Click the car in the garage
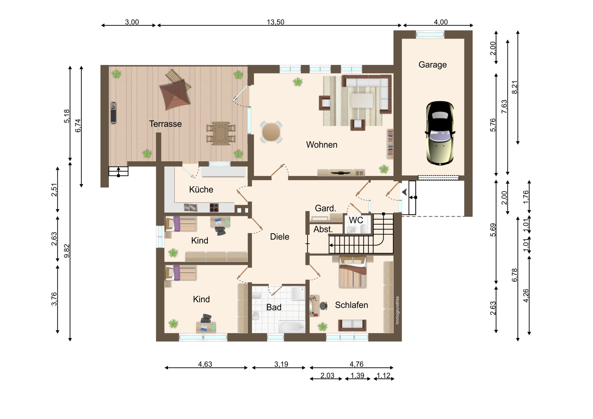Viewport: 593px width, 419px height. click(x=440, y=133)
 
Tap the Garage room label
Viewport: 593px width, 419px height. click(x=432, y=65)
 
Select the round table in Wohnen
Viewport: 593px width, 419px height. click(x=271, y=132)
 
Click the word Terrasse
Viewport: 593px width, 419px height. click(x=165, y=124)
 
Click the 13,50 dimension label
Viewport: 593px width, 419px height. click(x=275, y=22)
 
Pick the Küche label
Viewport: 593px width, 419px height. click(x=201, y=189)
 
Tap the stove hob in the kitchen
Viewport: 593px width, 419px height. click(x=214, y=207)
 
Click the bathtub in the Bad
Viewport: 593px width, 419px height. click(x=292, y=327)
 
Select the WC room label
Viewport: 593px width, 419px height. click(x=356, y=220)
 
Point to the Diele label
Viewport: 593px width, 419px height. click(x=280, y=237)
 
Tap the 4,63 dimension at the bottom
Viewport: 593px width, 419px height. click(x=205, y=364)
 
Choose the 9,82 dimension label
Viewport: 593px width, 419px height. click(x=67, y=251)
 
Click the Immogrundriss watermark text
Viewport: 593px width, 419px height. click(x=397, y=310)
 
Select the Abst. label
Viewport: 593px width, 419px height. click(x=323, y=229)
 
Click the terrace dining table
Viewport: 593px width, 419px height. click(x=221, y=133)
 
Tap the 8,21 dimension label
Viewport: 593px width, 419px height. click(x=514, y=87)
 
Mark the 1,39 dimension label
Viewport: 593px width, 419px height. click(x=357, y=375)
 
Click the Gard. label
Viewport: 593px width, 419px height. click(x=325, y=208)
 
